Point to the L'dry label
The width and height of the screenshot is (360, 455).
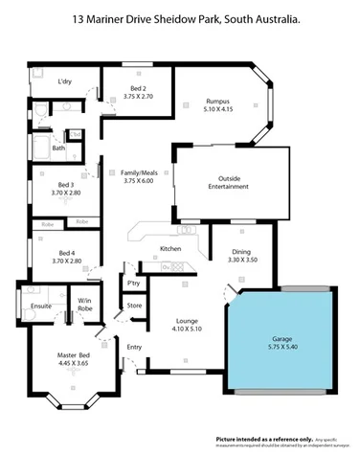click(x=65, y=81)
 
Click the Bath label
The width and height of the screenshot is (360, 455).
click(x=58, y=148)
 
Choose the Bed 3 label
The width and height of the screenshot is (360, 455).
click(x=65, y=184)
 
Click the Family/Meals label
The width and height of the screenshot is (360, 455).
click(x=139, y=171)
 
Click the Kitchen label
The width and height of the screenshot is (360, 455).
click(x=170, y=248)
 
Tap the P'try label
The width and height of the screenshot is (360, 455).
click(x=134, y=284)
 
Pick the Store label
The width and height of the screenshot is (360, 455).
click(x=134, y=306)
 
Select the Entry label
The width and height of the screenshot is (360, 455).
click(x=134, y=346)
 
